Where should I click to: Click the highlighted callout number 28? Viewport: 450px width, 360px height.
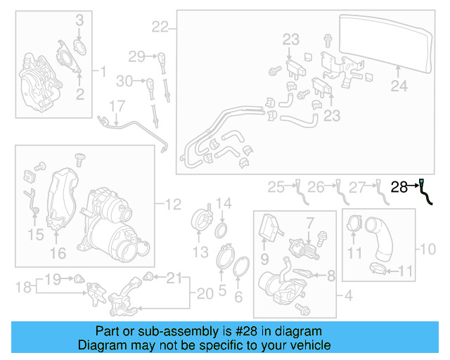399,187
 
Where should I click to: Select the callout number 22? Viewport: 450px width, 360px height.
160,27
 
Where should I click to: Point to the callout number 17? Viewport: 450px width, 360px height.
116,106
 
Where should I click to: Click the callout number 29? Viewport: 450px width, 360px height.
136,56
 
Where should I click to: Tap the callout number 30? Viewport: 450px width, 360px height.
124,82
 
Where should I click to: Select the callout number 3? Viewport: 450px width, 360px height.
79,20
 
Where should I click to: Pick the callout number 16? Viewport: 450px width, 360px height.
58,252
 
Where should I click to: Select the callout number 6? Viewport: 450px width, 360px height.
238,297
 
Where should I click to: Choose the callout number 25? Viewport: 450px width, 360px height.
276,187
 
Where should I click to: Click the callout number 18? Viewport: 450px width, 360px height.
23,287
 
